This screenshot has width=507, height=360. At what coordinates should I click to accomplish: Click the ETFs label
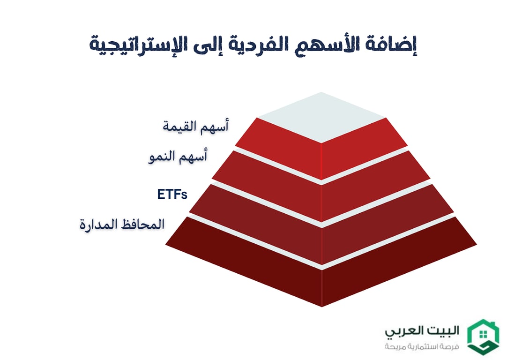172,194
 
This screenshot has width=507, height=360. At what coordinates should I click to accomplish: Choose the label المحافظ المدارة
122,224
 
